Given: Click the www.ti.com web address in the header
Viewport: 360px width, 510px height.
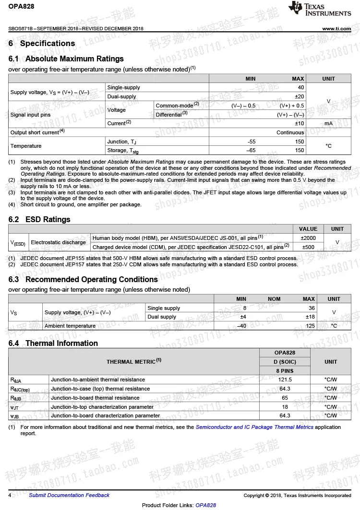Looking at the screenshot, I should point(336,29).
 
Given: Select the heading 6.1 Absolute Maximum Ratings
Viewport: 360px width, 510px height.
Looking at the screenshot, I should point(66,59).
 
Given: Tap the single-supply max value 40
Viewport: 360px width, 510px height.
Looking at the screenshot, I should point(301,87).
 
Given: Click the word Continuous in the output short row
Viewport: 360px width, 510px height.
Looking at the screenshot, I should point(290,132).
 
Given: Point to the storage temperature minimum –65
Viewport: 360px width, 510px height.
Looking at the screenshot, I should point(251,150).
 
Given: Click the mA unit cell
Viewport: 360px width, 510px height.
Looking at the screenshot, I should point(328,123).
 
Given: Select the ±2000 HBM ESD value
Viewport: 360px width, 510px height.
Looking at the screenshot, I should point(308,238).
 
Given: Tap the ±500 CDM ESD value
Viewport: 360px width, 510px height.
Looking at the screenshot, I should point(308,247).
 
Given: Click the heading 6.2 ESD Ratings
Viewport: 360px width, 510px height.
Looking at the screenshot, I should point(39,219).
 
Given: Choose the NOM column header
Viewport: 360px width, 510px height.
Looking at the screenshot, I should point(274,299).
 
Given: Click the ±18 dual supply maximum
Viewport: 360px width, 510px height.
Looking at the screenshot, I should point(310,317).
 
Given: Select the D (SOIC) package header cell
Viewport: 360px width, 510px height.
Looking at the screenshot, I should point(285,362).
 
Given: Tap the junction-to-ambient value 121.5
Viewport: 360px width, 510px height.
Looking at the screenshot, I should point(285,380).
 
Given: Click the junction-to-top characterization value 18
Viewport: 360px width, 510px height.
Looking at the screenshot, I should point(285,407).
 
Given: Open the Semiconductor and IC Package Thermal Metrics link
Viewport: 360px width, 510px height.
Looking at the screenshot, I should point(254,427).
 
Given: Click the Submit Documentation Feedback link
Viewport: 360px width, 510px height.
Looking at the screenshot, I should point(69,495).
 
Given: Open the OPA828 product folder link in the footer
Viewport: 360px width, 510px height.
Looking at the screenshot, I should point(205,505).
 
